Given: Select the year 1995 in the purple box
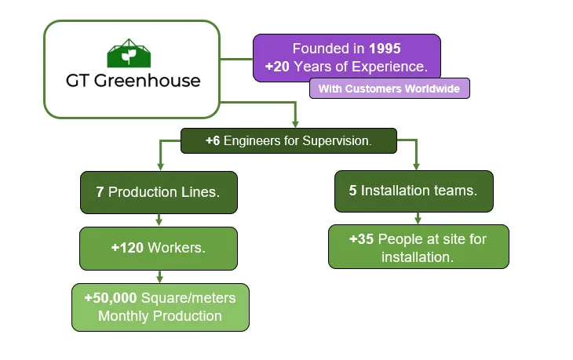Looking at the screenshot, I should [x=385, y=49].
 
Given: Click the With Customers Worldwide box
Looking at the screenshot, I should [x=389, y=89].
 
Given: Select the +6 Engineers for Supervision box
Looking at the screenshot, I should [x=289, y=141].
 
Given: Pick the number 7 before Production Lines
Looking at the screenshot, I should [x=100, y=191].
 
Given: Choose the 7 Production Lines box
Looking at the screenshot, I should [x=159, y=192].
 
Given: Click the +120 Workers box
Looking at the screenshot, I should [x=159, y=248].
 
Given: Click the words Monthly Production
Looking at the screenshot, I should [x=159, y=316].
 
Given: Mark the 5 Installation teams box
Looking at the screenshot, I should [x=414, y=191].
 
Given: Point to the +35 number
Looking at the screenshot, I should [x=364, y=239].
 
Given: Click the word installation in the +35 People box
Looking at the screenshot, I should [x=418, y=256].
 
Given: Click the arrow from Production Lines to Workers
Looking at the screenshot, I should [x=159, y=220].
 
